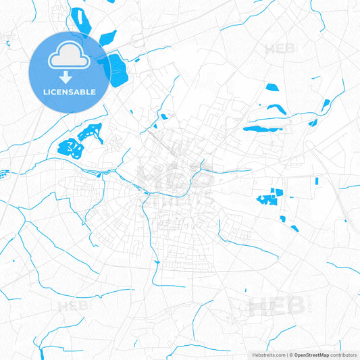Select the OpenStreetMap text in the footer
[x=311, y=355]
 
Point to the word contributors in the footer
[x=344, y=355]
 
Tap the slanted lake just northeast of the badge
[x=108, y=39]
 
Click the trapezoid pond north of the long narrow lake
[x=272, y=87]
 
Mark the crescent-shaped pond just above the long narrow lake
[x=276, y=108]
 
